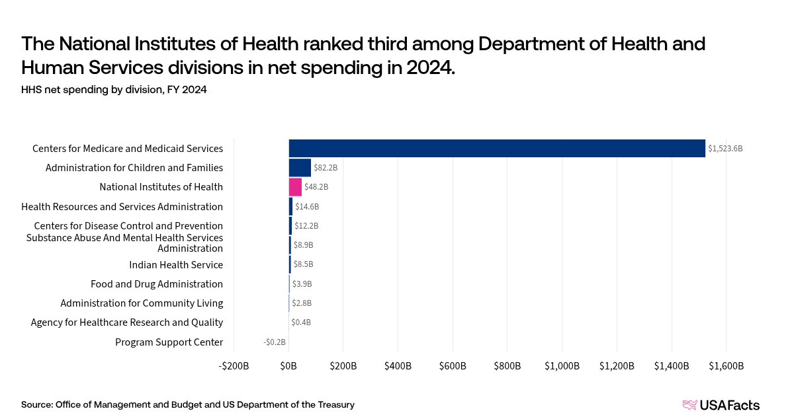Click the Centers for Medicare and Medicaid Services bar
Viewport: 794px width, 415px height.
(x=496, y=148)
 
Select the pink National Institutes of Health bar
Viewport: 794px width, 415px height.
(x=295, y=187)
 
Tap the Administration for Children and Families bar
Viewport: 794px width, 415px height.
(x=300, y=168)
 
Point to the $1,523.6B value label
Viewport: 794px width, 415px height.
(x=725, y=149)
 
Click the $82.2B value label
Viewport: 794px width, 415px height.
(x=326, y=168)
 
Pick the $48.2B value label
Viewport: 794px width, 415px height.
(x=316, y=187)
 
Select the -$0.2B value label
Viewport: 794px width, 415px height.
(x=274, y=342)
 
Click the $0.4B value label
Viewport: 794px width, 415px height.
(x=301, y=322)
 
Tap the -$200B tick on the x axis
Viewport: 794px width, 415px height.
(x=234, y=366)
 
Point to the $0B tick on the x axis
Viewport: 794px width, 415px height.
(x=289, y=366)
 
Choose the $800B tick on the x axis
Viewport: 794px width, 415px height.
(x=507, y=366)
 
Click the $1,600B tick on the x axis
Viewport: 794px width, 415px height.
(x=726, y=366)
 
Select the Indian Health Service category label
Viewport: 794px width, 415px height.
(x=176, y=265)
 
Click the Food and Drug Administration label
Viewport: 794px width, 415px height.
(x=157, y=284)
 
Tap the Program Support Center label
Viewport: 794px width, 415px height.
(x=169, y=342)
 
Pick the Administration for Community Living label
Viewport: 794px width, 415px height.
(x=142, y=303)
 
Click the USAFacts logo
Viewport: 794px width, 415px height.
(x=721, y=405)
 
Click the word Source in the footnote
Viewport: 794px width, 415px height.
(x=36, y=404)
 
